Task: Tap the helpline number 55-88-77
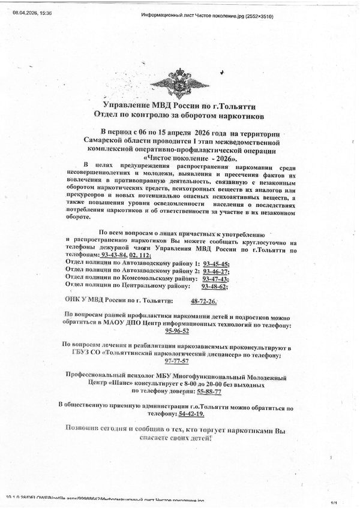point(209,391)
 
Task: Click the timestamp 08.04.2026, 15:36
point(32,11)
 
